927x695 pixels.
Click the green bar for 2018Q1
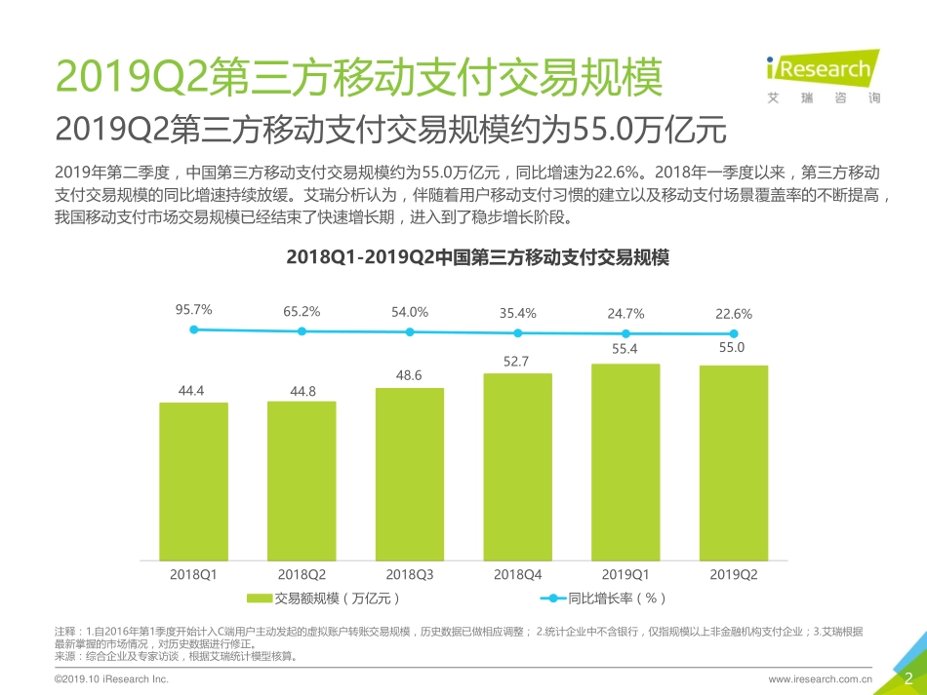click(x=193, y=482)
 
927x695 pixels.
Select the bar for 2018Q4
click(x=517, y=467)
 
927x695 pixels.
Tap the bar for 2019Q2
click(x=733, y=463)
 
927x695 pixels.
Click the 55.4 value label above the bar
click(x=625, y=348)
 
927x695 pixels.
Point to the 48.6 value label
click(x=409, y=373)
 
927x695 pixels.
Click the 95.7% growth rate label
click(x=194, y=310)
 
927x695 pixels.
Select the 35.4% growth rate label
click(x=517, y=313)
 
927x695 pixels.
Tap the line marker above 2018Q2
click(x=302, y=331)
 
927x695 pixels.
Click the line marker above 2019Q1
click(x=625, y=333)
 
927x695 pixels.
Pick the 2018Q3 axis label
click(x=409, y=574)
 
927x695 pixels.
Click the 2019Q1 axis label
click(x=625, y=574)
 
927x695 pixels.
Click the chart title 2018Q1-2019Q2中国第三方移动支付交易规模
click(x=463, y=258)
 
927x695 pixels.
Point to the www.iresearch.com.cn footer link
click(x=820, y=678)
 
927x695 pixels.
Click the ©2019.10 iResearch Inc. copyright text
click(x=112, y=678)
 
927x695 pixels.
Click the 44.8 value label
click(x=302, y=391)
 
